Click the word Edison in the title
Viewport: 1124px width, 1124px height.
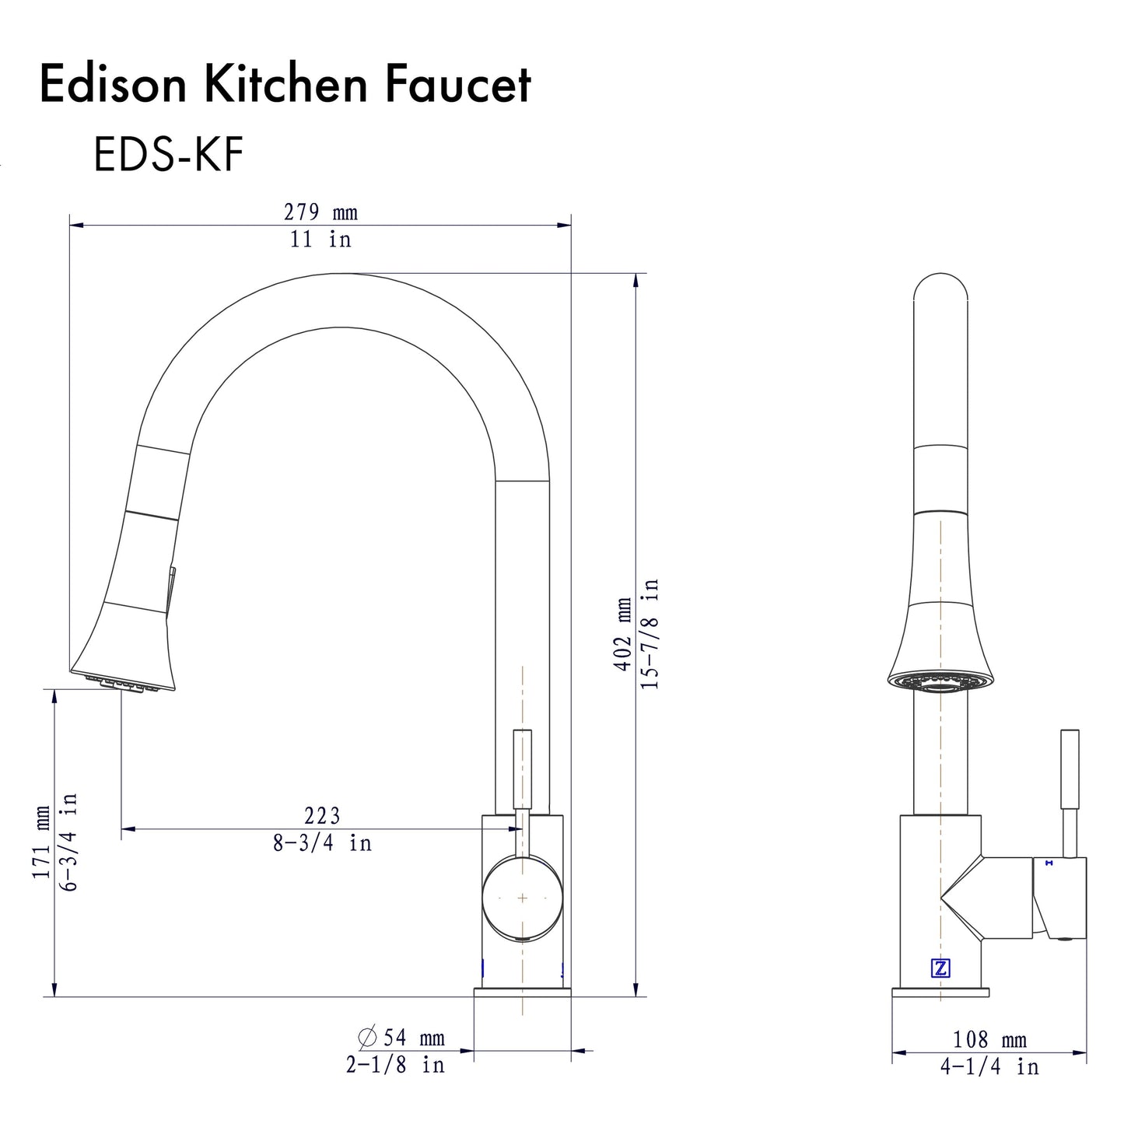[114, 85]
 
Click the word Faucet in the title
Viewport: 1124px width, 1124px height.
[458, 85]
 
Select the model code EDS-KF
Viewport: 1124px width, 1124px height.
[168, 154]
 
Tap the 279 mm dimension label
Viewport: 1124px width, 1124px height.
[320, 212]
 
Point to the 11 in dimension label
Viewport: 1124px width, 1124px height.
[320, 240]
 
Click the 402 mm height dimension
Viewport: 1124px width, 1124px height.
[623, 634]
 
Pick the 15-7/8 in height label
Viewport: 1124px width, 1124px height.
[650, 634]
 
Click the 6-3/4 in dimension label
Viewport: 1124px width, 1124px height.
[69, 842]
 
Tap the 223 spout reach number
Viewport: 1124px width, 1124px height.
[322, 815]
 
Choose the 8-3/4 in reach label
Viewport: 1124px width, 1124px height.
[322, 842]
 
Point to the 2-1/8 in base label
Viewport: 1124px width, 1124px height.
[395, 1064]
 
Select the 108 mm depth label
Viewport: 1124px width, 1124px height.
[989, 1039]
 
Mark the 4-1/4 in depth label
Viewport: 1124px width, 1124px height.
[989, 1066]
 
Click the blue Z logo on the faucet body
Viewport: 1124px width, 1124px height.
[940, 968]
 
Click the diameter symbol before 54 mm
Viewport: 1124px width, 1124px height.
[367, 1038]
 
